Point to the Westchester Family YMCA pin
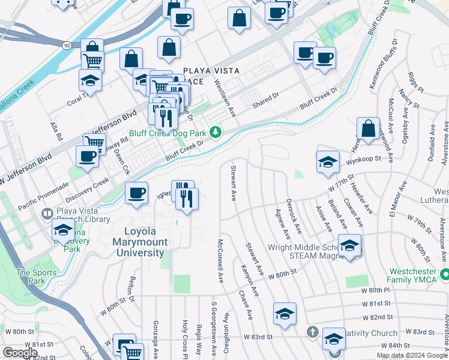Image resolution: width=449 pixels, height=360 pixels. click(445, 275)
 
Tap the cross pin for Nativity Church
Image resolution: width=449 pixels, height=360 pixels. click(312, 332)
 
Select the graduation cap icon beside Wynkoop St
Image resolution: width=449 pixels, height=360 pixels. click(328, 161)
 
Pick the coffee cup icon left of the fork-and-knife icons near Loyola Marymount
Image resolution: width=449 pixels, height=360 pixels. click(136, 193)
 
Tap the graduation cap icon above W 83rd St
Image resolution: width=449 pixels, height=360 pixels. click(285, 313)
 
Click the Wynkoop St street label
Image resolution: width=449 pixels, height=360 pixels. click(366, 159)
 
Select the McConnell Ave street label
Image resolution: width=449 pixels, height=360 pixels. click(220, 262)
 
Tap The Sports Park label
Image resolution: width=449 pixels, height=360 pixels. click(31, 277)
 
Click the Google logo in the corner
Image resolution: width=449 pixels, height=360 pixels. click(20, 353)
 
